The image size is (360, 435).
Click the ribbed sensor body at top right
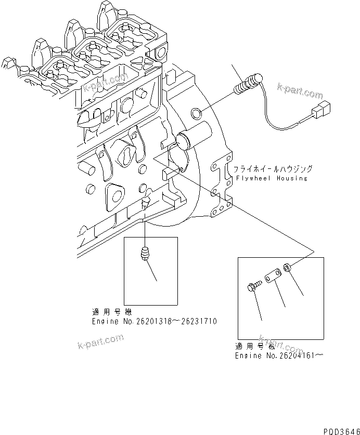coord(248,84)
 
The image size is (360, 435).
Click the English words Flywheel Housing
coord(270,178)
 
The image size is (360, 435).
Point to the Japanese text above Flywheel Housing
coord(272,169)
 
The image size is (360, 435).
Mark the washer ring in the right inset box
coord(287,269)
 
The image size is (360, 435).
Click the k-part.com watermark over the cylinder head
coord(105,83)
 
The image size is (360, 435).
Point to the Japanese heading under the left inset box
coord(111,312)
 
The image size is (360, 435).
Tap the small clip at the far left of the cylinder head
coord(6,63)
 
